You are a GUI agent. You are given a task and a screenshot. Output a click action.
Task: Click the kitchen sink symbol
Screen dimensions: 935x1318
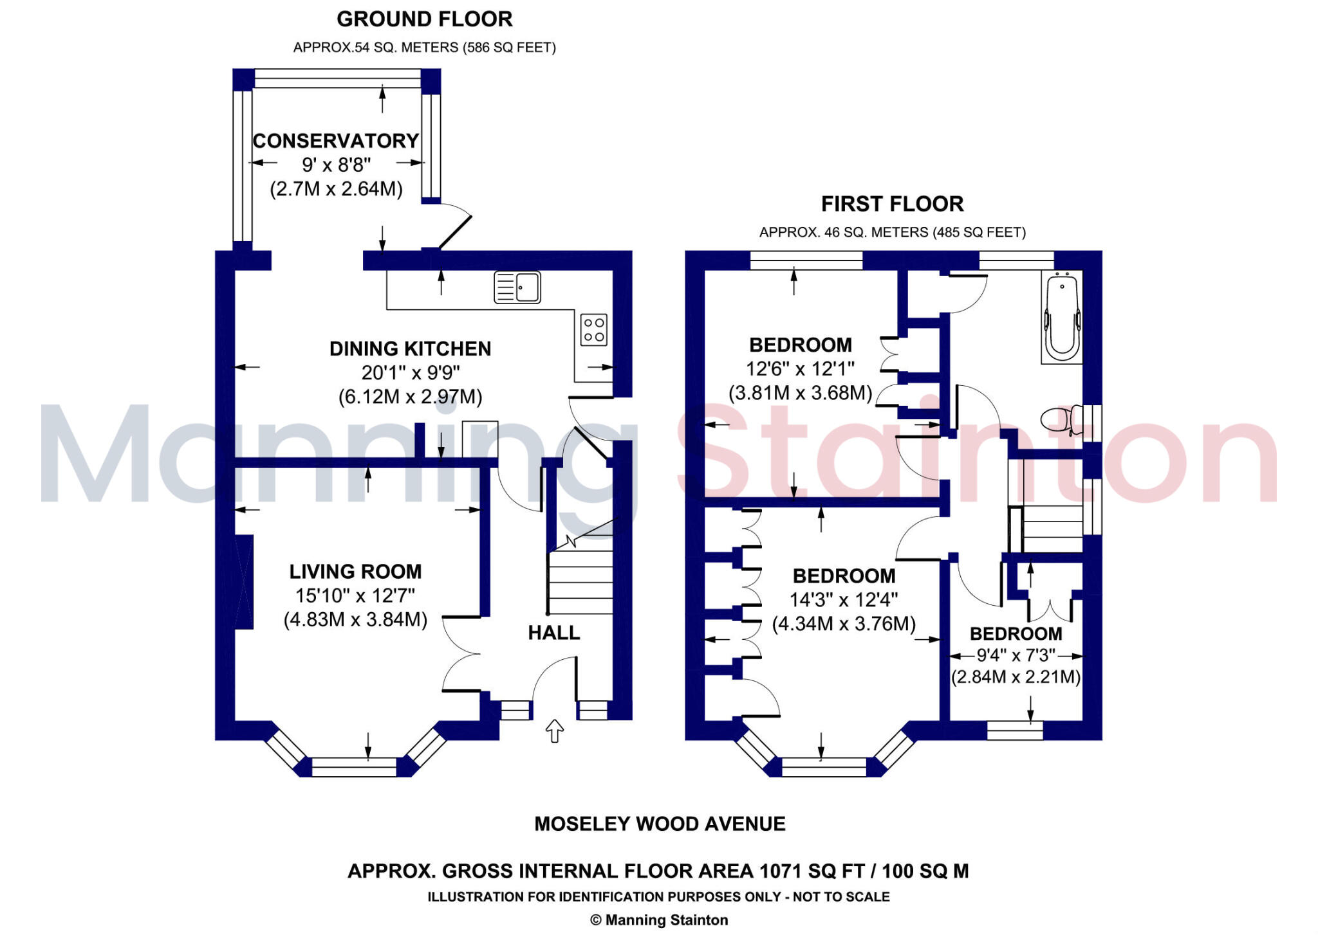click(517, 287)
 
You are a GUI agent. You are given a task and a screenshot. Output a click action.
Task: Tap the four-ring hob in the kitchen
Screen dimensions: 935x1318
click(593, 330)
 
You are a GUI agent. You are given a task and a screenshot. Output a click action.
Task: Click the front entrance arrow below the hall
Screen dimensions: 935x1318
click(554, 731)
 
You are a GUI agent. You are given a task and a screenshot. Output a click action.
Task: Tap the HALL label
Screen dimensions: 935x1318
click(554, 633)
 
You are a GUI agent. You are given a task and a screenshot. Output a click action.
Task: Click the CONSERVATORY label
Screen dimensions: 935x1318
click(336, 141)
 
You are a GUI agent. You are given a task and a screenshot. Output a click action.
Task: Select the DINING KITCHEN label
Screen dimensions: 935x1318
click(410, 349)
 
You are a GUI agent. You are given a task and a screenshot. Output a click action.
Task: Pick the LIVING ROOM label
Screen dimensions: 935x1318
click(355, 571)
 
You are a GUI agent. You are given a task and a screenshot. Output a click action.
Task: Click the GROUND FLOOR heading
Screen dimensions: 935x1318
click(425, 19)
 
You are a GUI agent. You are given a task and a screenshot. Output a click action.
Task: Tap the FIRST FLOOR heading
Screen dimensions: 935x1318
click(892, 204)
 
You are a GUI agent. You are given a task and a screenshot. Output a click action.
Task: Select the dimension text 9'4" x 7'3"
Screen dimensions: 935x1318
click(1016, 655)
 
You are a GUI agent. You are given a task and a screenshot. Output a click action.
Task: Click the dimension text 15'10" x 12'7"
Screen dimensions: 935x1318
click(355, 595)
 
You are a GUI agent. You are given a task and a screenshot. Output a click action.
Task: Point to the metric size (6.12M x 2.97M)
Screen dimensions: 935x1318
click(410, 397)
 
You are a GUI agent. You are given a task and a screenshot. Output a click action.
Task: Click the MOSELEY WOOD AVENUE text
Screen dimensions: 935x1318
click(660, 824)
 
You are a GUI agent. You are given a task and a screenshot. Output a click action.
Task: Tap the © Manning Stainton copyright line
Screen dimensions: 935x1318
click(659, 920)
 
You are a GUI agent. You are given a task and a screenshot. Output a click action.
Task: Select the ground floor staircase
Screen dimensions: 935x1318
click(580, 579)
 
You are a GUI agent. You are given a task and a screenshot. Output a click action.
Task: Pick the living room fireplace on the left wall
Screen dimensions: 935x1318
click(245, 582)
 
